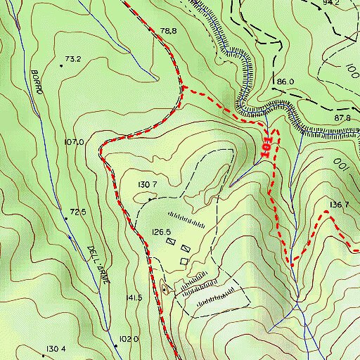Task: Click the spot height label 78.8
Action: pos(168,31)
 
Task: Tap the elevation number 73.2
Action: pos(74,59)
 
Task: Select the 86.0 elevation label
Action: pos(285,82)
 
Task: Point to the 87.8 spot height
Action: pos(342,117)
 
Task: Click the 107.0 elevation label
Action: pos(74,142)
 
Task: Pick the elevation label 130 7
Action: pos(147,184)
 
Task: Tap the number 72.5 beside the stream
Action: pos(77,212)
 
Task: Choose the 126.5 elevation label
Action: pos(162,231)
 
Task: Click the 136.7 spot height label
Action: pos(339,205)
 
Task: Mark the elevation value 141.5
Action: pos(134,298)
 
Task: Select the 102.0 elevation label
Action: pos(129,338)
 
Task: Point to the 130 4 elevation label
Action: pos(56,349)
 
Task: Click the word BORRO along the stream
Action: pos(39,82)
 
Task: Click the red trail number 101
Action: pos(266,144)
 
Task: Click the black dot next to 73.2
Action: pos(61,66)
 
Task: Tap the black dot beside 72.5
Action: pos(66,219)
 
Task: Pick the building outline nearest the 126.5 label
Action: pos(171,241)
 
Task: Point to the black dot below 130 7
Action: pos(150,200)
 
